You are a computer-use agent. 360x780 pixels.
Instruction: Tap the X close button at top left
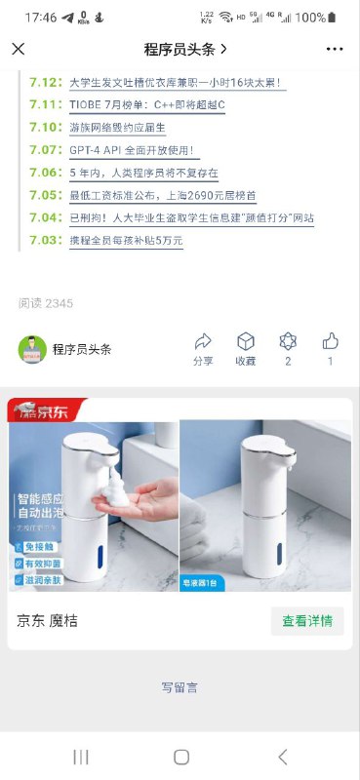(x=19, y=49)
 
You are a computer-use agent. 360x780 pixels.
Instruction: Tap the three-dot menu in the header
(x=335, y=49)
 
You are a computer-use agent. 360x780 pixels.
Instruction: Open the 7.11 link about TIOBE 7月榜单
(x=147, y=105)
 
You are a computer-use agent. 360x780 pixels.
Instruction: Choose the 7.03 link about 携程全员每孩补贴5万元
(x=126, y=241)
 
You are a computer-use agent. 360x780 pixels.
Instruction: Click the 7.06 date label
(x=45, y=174)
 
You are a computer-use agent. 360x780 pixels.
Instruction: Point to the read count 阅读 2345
(x=46, y=303)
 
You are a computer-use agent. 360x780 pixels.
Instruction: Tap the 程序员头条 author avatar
(x=32, y=349)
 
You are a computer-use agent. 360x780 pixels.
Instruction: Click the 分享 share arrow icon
(x=203, y=341)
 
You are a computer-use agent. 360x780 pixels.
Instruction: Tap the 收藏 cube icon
(x=246, y=341)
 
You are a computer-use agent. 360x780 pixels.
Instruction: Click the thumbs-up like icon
(x=330, y=341)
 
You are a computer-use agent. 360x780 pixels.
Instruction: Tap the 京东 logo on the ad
(x=43, y=409)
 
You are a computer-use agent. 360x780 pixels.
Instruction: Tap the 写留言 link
(x=180, y=687)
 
